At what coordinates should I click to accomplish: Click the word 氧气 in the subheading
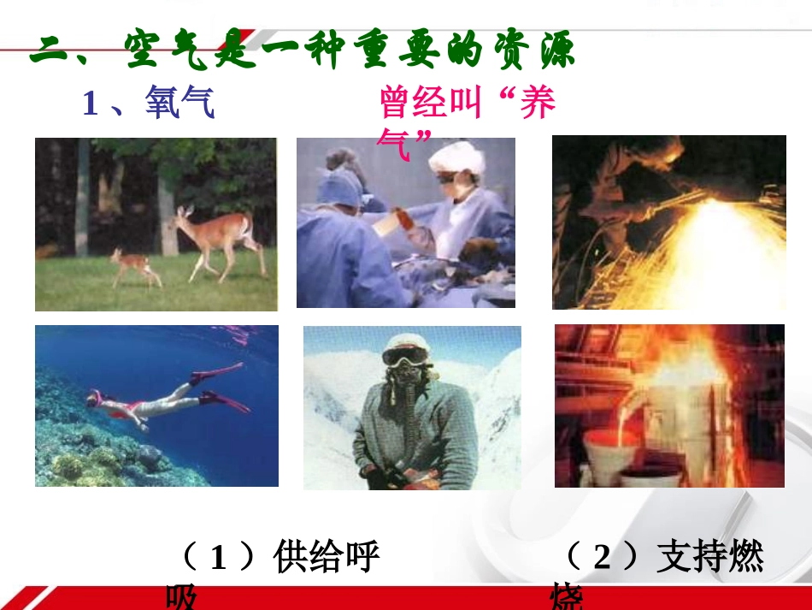coord(179,104)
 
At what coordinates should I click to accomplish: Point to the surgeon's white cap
coord(456,157)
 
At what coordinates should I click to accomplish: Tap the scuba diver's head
coord(95,400)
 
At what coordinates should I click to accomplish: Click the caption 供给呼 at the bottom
coord(326,558)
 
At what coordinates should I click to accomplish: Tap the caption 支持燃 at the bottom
coord(709,558)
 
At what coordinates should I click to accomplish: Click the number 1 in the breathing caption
coord(218,558)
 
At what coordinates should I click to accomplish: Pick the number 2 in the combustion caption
coord(603,558)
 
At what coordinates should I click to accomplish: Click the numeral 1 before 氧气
coord(91,104)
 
